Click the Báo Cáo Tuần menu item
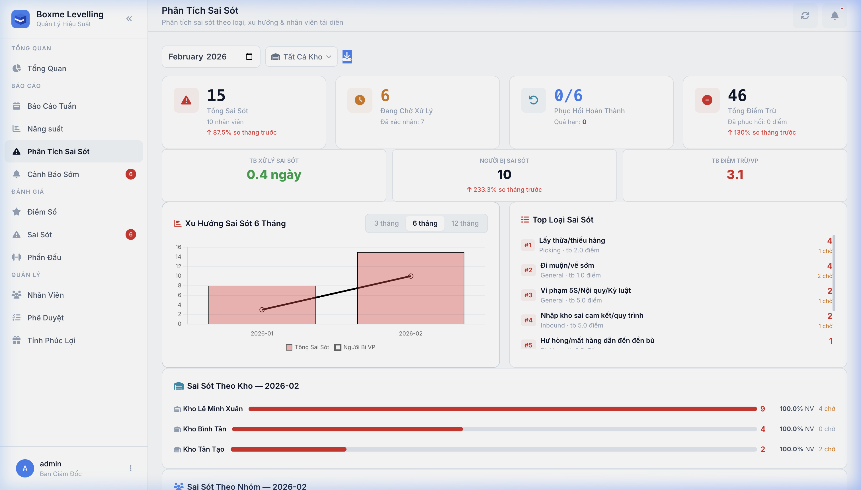coord(52,106)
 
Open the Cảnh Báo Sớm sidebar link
coord(53,174)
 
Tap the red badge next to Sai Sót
coord(131,234)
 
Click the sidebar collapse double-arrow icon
coord(129,19)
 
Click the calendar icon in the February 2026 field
coord(249,57)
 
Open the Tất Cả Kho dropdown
coord(301,57)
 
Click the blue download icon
coord(347,57)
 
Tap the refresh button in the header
coord(805,16)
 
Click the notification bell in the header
coord(835,16)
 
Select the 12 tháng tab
coord(465,223)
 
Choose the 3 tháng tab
coord(386,223)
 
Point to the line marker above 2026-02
coord(411,276)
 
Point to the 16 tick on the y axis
coord(178,247)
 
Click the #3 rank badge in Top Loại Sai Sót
coord(528,295)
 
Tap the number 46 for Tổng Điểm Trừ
coord(737,96)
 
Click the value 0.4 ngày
coord(274,175)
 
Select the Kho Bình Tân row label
coord(204,429)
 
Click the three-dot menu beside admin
coord(131,468)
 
